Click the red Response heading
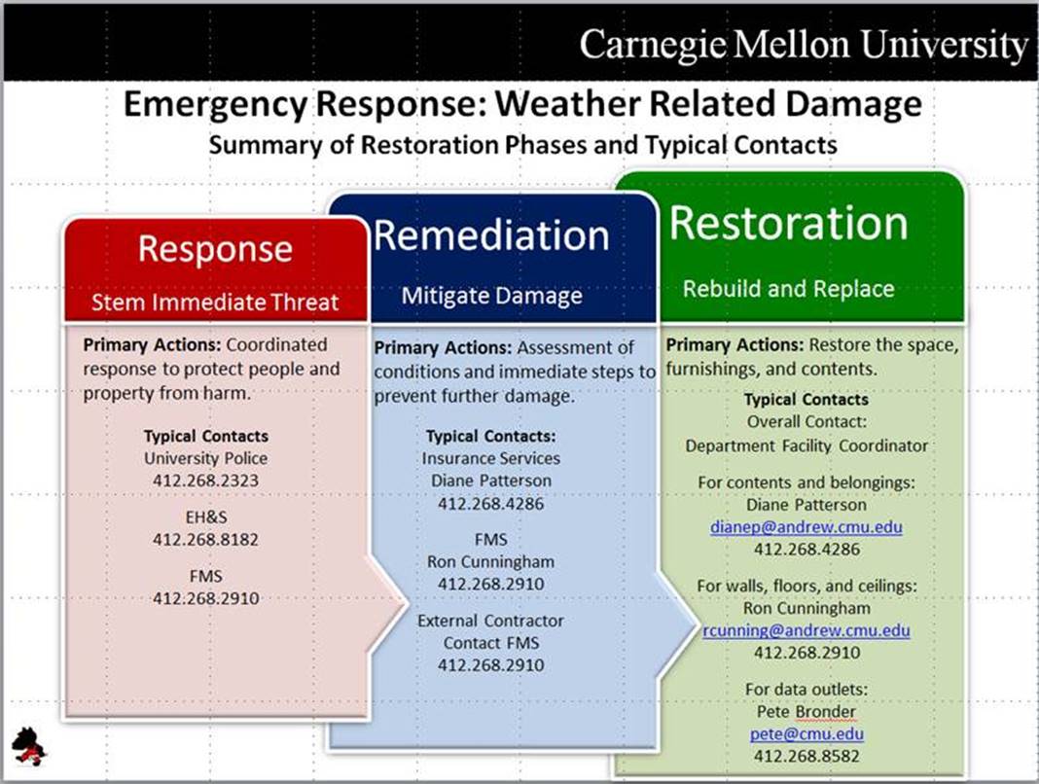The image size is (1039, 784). click(215, 249)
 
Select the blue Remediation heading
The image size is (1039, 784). click(491, 235)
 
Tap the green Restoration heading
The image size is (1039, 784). click(789, 224)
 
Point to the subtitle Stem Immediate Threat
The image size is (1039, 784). click(215, 302)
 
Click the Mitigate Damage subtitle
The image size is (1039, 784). click(492, 295)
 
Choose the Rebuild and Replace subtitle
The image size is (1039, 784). click(788, 289)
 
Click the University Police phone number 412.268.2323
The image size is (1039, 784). click(206, 480)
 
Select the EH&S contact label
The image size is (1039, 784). click(206, 517)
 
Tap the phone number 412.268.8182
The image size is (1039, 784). click(206, 539)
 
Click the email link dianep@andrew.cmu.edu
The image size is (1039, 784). click(806, 527)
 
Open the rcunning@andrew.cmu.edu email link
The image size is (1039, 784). click(806, 630)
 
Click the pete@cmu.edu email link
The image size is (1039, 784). click(806, 733)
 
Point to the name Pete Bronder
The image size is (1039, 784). click(806, 711)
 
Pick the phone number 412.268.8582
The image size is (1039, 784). click(806, 756)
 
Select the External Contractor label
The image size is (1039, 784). click(490, 621)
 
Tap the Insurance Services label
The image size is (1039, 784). click(490, 457)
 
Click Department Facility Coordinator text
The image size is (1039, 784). click(806, 445)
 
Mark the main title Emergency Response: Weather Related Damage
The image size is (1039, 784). click(522, 105)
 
